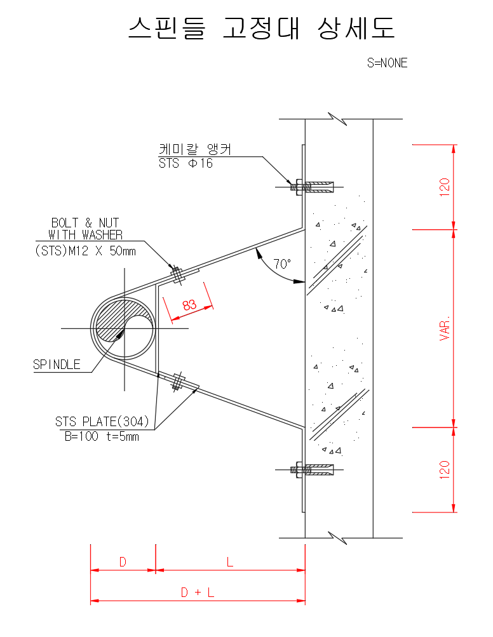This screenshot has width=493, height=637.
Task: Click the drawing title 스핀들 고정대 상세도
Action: click(261, 29)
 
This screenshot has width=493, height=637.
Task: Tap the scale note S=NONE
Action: click(387, 63)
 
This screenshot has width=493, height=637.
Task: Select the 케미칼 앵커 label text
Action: click(194, 149)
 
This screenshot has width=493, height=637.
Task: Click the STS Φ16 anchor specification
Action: click(186, 163)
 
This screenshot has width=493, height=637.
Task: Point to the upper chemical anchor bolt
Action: click(311, 187)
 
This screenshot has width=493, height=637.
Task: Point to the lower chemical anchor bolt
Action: click(311, 471)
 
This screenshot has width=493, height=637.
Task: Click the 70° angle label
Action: click(282, 264)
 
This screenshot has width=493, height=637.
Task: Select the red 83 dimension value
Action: click(189, 304)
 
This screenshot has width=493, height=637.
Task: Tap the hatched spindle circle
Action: click(124, 328)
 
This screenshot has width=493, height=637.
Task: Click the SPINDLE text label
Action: click(57, 365)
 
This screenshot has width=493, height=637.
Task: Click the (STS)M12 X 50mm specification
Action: click(85, 251)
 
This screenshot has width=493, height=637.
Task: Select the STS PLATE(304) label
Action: click(102, 422)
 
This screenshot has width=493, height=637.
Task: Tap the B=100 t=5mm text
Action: click(102, 436)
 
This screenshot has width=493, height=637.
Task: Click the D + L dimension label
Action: click(198, 593)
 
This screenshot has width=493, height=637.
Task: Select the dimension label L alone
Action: click(230, 562)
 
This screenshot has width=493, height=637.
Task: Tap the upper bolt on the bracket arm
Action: click(178, 274)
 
